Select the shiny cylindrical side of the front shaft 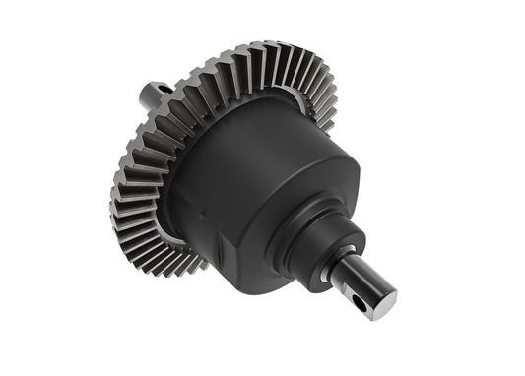[x=355, y=285]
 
